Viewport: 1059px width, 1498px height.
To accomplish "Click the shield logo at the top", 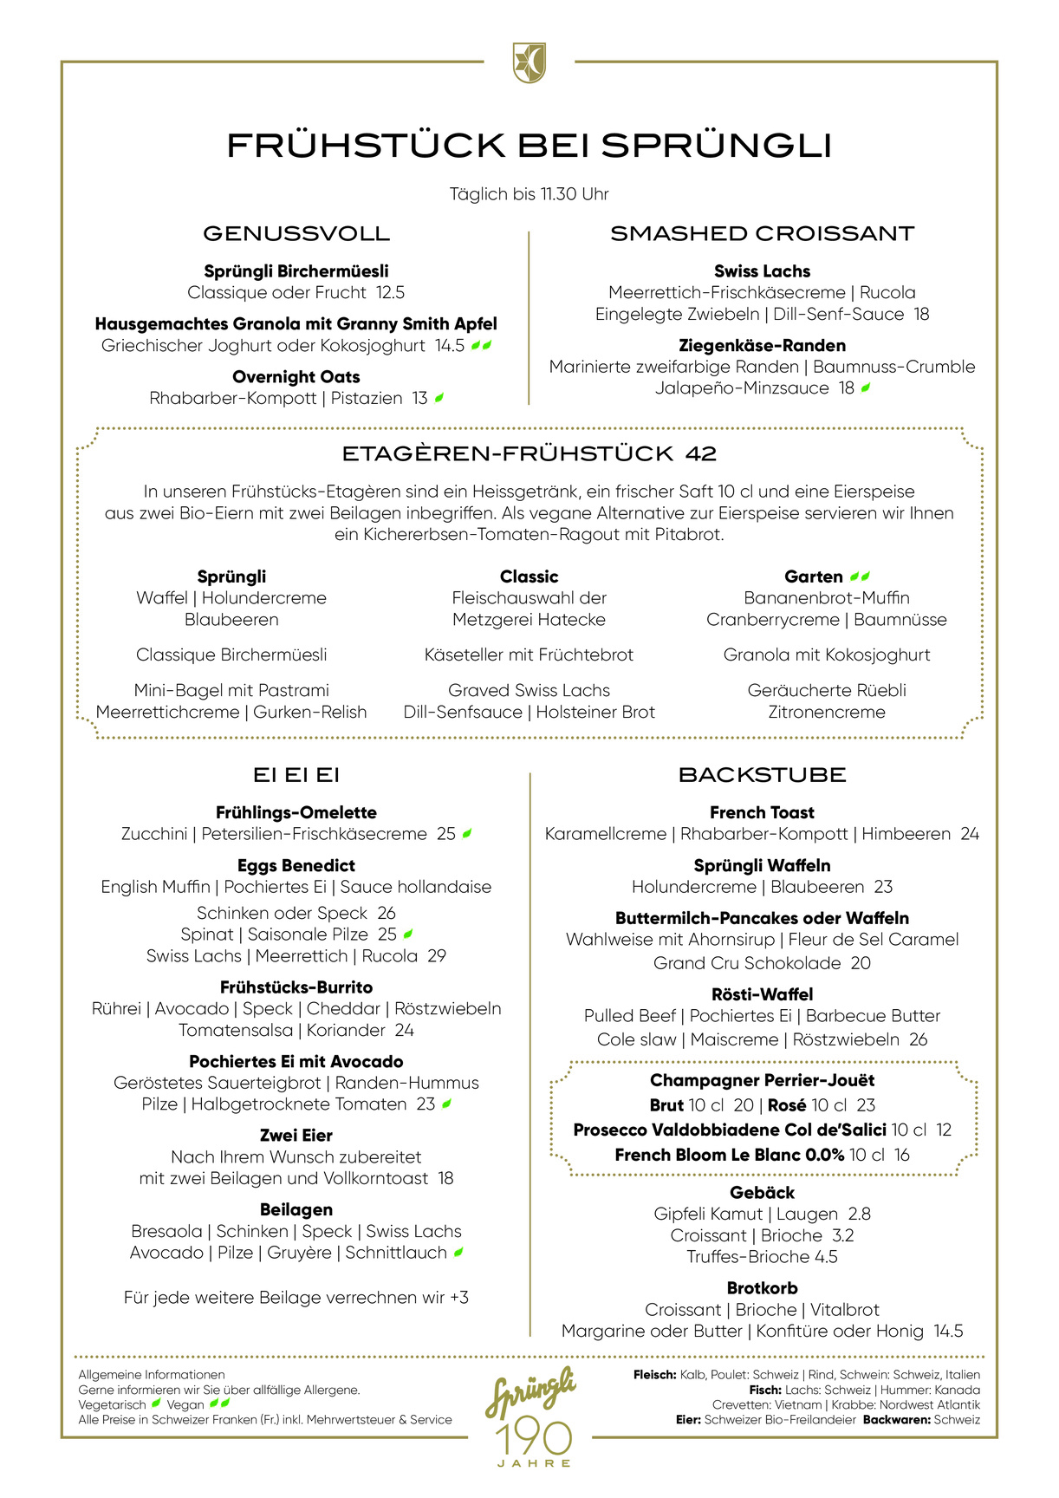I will [x=529, y=63].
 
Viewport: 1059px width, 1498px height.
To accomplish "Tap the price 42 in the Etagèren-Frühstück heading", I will [x=700, y=453].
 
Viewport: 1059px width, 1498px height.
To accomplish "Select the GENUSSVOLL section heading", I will [x=296, y=233].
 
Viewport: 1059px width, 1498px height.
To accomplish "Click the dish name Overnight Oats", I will [x=296, y=377].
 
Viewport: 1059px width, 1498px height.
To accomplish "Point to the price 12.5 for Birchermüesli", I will [x=390, y=293].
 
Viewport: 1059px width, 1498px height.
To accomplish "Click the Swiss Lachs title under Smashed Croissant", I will [x=762, y=271].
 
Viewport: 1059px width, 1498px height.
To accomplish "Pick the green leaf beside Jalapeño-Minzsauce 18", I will [x=865, y=388].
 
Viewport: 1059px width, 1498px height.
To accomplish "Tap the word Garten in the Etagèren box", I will [x=813, y=577].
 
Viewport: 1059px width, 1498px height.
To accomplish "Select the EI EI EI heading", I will [x=296, y=775].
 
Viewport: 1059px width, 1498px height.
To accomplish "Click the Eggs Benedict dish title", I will [x=296, y=866].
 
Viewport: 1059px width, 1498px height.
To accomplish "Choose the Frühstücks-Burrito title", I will [x=296, y=987].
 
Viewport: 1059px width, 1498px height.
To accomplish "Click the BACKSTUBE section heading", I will [x=762, y=775].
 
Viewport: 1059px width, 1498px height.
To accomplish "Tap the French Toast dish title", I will [x=762, y=813].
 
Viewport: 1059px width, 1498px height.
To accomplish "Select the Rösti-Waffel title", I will [x=762, y=995].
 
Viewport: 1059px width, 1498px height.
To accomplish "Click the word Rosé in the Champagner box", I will [x=787, y=1105].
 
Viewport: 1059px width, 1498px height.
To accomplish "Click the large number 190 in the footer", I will [x=534, y=1438].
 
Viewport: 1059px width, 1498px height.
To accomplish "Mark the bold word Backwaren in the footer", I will [x=896, y=1420].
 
